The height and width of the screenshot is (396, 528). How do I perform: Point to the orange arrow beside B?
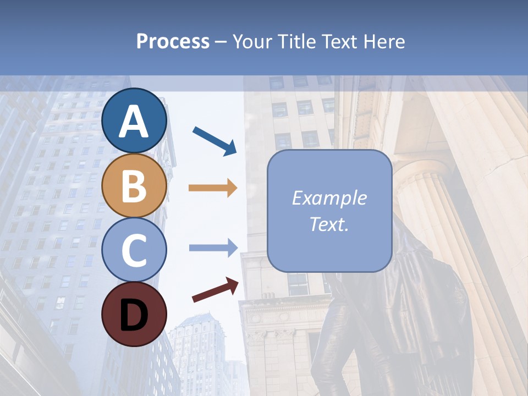coord(213,188)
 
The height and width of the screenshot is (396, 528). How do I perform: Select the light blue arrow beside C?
coord(213,248)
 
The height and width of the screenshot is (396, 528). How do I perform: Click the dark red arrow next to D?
coord(215,290)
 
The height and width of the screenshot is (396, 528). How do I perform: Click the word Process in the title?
coord(173,41)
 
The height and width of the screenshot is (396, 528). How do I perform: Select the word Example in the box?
coord(329,198)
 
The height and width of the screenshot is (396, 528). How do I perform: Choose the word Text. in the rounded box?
coord(329,224)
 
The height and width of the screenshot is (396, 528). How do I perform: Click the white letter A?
coord(134,122)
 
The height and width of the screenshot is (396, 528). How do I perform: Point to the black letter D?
coord(134,315)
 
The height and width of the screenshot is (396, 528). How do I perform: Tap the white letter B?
coord(134,186)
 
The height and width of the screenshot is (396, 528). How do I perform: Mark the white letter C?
coord(134,250)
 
